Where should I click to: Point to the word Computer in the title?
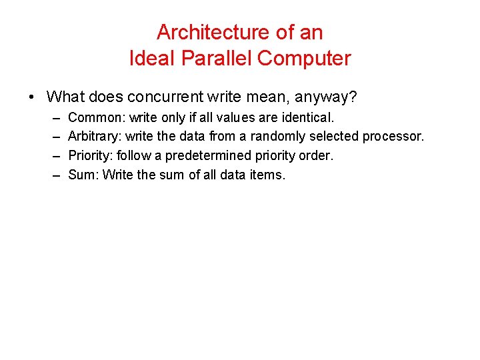(304, 58)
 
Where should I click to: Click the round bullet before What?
(32, 97)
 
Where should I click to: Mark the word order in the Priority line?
(317, 156)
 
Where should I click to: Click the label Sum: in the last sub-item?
(82, 175)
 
